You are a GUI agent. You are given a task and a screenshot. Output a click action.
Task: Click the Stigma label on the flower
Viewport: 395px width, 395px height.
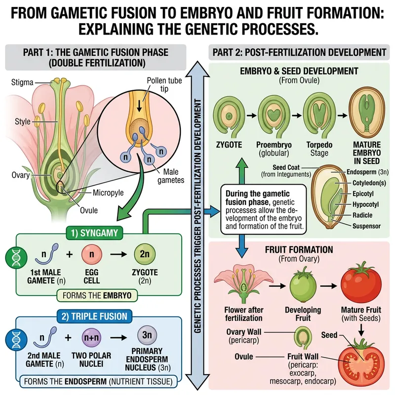point(22,82)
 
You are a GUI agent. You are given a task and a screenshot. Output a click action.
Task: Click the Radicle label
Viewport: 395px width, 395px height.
point(363,215)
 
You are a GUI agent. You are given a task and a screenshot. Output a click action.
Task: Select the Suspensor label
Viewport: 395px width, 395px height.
point(366,226)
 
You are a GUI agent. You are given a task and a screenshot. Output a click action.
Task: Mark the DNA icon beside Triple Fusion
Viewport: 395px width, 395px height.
point(13,340)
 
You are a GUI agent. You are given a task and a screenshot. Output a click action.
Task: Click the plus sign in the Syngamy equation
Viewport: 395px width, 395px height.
point(69,255)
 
